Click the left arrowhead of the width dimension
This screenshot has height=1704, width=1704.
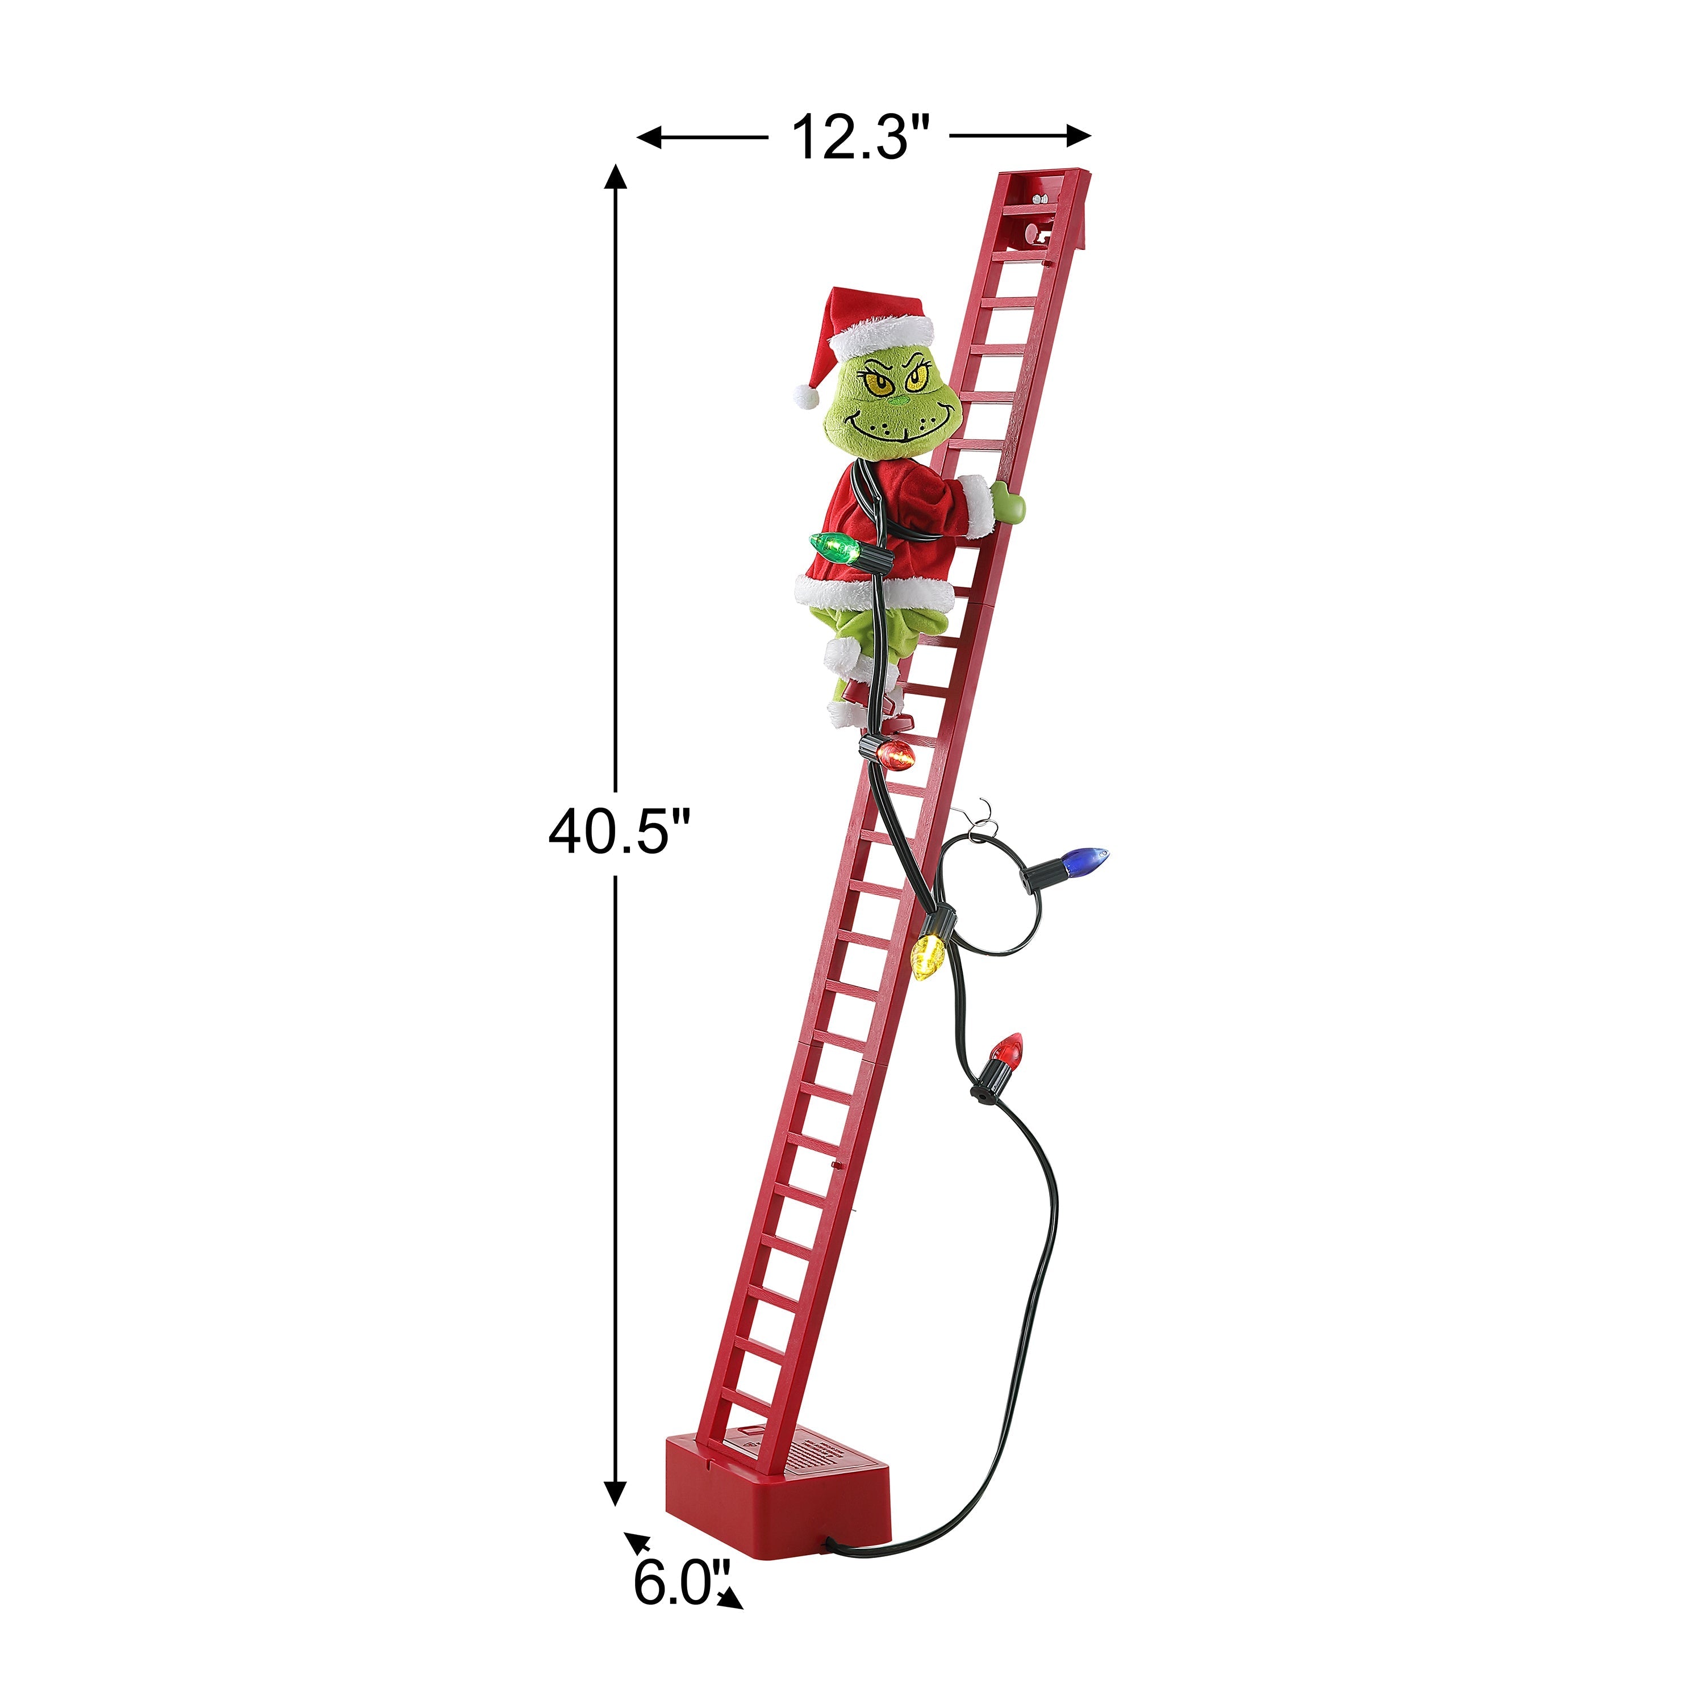click(x=649, y=137)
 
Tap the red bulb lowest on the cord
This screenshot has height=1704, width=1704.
click(x=1006, y=1050)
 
